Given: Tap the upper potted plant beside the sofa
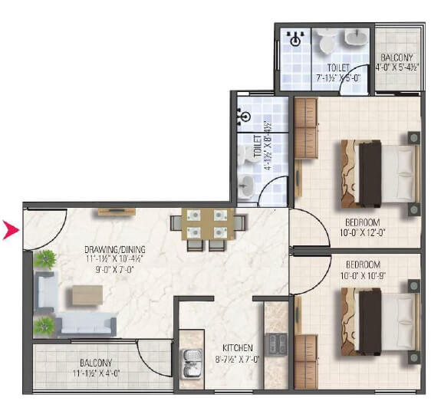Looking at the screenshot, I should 44,259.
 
